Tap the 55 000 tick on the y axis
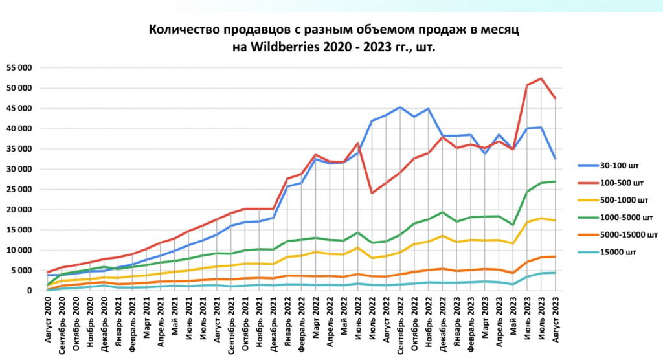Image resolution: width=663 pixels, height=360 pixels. [x=19, y=67]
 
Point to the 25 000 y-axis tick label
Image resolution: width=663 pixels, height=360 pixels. [x=19, y=189]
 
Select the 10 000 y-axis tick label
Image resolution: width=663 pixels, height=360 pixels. [x=19, y=250]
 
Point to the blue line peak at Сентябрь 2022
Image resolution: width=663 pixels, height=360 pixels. [x=400, y=107]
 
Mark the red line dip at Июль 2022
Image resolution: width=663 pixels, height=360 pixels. [x=372, y=193]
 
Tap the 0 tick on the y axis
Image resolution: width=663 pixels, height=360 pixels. [x=30, y=291]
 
